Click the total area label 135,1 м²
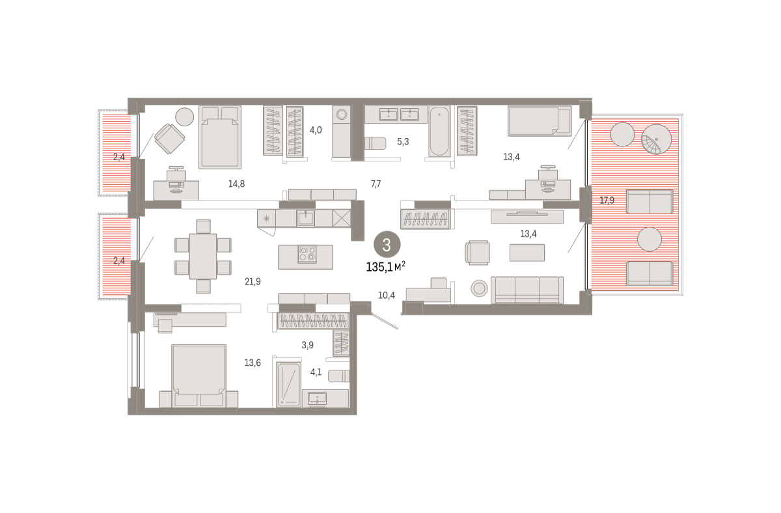pyautogui.click(x=385, y=267)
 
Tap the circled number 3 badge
pyautogui.click(x=387, y=245)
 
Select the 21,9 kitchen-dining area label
pyautogui.click(x=253, y=281)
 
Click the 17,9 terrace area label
pyautogui.click(x=607, y=201)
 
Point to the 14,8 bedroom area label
pyautogui.click(x=236, y=184)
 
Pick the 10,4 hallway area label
pyautogui.click(x=387, y=296)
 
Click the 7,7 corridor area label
pyautogui.click(x=376, y=184)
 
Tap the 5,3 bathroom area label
pyautogui.click(x=403, y=141)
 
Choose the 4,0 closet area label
pyautogui.click(x=316, y=130)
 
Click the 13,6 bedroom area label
pyautogui.click(x=253, y=363)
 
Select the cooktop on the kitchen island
pyautogui.click(x=307, y=255)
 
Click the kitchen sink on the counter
pyautogui.click(x=305, y=218)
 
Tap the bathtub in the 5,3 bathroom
pyautogui.click(x=439, y=132)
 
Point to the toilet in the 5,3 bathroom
pyautogui.click(x=376, y=143)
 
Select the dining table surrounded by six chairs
pyautogui.click(x=202, y=256)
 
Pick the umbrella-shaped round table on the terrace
pyautogui.click(x=656, y=139)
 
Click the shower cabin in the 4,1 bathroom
pyautogui.click(x=289, y=385)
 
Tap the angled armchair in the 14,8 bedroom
pyautogui.click(x=169, y=139)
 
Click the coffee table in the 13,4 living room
pyautogui.click(x=527, y=253)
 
